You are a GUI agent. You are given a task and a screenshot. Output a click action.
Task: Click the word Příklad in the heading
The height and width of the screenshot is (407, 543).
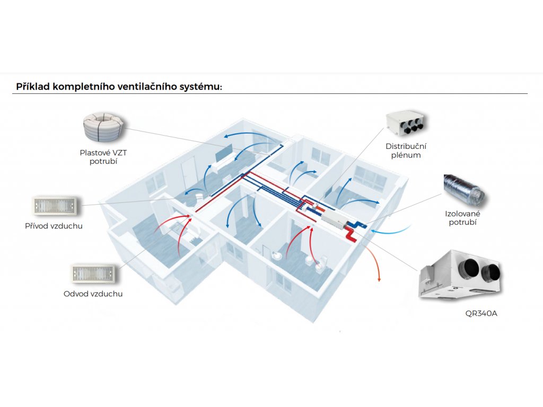coord(33,86)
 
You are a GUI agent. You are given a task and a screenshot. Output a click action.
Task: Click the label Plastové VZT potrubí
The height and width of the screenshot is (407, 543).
coord(103,156)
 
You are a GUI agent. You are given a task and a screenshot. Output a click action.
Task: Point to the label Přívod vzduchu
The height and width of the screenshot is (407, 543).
coord(54,226)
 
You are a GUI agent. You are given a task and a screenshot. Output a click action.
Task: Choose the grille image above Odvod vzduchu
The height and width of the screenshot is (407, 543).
coord(93,273)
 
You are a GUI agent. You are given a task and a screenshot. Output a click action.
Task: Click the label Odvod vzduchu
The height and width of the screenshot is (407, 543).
coord(93,294)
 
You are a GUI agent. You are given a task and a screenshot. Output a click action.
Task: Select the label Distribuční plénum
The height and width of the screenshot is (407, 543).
coord(406,151)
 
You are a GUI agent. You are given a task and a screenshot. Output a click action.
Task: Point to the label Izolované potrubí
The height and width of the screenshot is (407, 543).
coord(463,218)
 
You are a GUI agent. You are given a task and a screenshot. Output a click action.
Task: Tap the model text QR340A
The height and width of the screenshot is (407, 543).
coord(481,313)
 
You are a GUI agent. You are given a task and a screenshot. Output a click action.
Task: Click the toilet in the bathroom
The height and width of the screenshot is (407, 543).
coord(320,266)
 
